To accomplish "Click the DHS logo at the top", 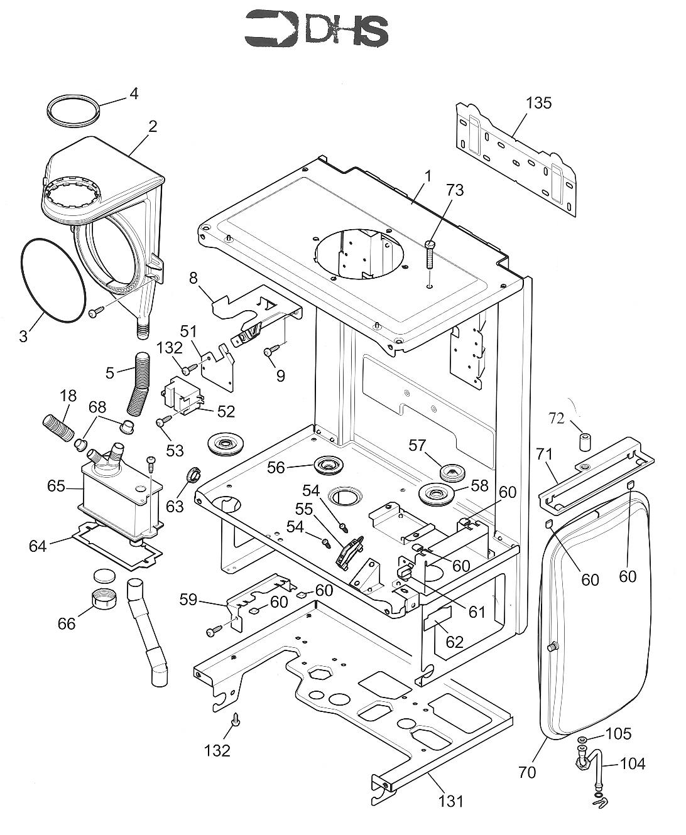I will [316, 30].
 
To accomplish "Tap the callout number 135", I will [538, 102].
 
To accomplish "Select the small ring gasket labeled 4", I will [73, 112].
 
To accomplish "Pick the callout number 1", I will [428, 176].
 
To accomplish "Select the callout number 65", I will [56, 486].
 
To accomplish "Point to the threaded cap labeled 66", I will [104, 600].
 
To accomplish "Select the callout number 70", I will [527, 772].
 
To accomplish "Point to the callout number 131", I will [451, 800].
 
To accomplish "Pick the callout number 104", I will [632, 763].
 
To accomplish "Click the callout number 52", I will [226, 411].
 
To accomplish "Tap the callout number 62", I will [454, 642].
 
